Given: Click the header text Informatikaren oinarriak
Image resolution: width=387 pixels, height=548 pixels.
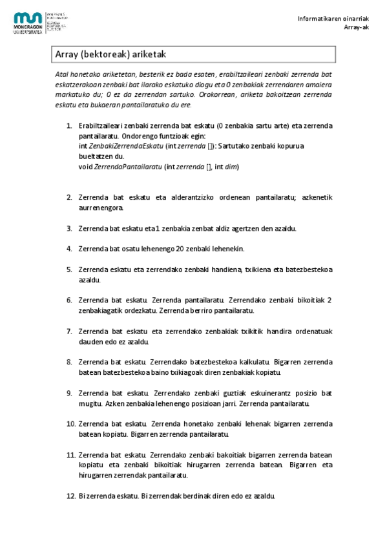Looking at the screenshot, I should coord(328,17).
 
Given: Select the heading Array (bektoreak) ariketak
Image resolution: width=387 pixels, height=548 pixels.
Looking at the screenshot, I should coord(112,56).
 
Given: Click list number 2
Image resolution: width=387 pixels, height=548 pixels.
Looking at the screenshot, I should coord(69,198).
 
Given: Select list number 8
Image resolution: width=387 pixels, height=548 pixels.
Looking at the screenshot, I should coord(69,361).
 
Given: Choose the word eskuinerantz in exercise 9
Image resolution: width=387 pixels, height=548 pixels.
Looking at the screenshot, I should coord(261,393).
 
